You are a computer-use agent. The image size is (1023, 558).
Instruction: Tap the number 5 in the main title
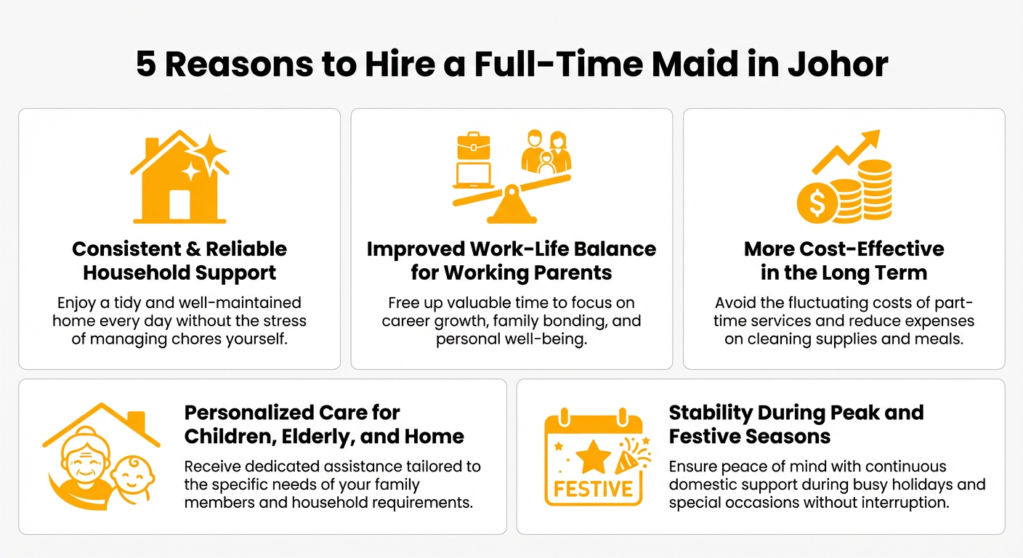[146, 64]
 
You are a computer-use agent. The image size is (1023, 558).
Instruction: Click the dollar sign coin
[817, 203]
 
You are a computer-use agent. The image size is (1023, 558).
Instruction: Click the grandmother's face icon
[81, 461]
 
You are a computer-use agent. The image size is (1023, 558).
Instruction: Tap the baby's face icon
[132, 475]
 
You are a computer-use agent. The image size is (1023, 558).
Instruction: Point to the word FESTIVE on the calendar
[593, 488]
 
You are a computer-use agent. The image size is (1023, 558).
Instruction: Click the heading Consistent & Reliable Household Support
[179, 261]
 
